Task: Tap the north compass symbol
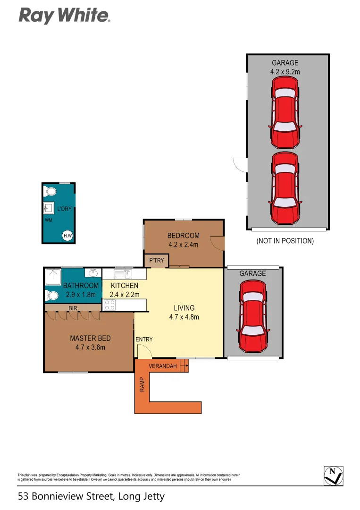click(x=334, y=475)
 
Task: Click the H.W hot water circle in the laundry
click(x=68, y=236)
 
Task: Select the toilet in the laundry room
click(x=50, y=191)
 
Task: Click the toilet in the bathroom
click(x=51, y=296)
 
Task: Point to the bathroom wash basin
click(x=93, y=272)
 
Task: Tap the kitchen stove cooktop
click(x=109, y=305)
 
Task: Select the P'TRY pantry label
click(x=156, y=260)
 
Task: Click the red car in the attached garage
click(x=253, y=317)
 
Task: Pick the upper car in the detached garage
click(x=285, y=112)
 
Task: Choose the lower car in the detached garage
click(x=285, y=188)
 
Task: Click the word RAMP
click(x=142, y=385)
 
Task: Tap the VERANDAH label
click(x=163, y=366)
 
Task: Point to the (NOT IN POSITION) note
click(x=285, y=241)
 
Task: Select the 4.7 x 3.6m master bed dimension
click(x=91, y=347)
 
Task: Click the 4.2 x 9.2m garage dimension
click(x=285, y=72)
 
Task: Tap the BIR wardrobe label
click(x=73, y=308)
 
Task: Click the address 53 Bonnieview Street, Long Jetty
click(x=91, y=496)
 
